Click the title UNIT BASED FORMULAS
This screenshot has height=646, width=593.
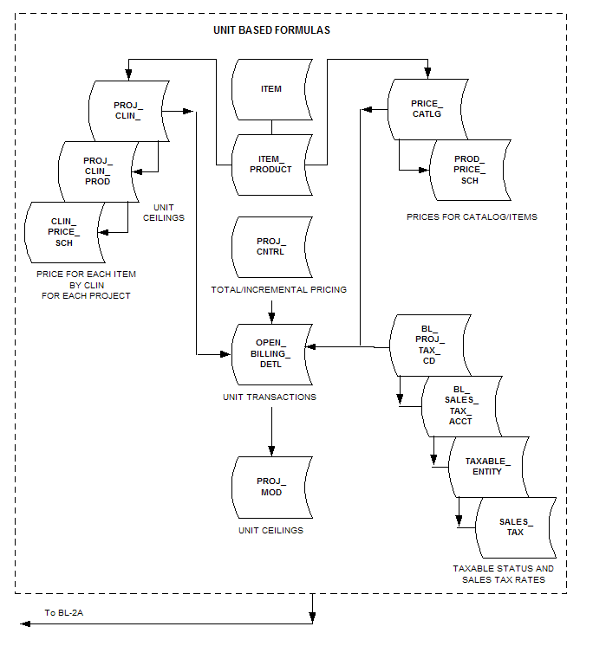pos(271,29)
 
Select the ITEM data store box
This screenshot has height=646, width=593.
pos(271,89)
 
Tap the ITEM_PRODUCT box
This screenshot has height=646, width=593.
pos(271,164)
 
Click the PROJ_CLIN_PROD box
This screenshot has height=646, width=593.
pos(96,171)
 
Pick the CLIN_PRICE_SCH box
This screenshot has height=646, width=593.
pos(65,231)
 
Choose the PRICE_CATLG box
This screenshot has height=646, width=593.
pos(427,108)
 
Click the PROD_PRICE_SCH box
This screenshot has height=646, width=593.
pos(470,170)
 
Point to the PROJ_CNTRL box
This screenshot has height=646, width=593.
pos(271,246)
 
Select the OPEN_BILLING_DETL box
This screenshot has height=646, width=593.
pos(271,353)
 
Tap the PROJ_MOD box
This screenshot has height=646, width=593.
pos(271,487)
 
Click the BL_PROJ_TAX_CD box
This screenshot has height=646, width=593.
pos(428,346)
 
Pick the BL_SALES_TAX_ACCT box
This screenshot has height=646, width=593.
pos(461,405)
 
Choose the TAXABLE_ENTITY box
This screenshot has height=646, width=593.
pos(488,466)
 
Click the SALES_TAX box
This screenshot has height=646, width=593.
pos(516,526)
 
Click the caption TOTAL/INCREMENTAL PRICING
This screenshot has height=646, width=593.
pos(278,289)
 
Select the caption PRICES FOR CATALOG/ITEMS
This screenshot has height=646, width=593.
pos(472,216)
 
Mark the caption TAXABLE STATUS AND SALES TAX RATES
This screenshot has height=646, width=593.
pos(503,574)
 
